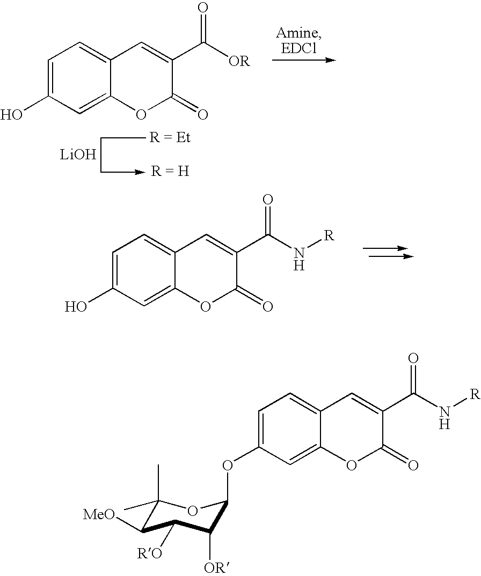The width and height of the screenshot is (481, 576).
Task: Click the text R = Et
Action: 169,138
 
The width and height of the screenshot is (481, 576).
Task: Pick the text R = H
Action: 169,173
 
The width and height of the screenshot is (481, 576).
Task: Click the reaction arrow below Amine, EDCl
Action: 303,60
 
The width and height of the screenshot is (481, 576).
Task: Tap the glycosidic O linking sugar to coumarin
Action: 228,463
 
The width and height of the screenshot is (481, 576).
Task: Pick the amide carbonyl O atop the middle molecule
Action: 267,201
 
